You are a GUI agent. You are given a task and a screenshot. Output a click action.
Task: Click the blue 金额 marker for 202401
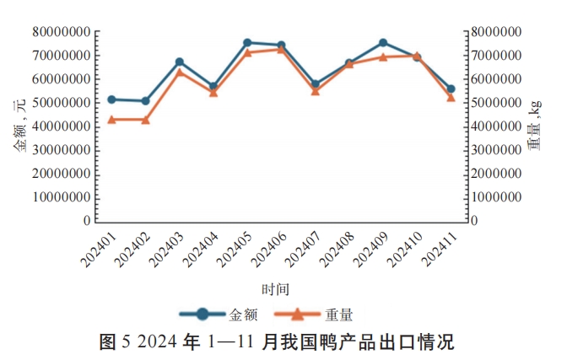click(x=112, y=99)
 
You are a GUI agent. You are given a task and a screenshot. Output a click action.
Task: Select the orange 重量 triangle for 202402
click(x=146, y=120)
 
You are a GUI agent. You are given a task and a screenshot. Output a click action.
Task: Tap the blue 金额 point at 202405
click(x=247, y=42)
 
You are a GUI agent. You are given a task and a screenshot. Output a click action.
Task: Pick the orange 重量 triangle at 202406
click(x=281, y=49)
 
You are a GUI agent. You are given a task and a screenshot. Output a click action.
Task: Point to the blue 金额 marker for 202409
click(x=383, y=42)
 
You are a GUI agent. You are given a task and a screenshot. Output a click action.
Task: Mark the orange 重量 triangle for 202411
click(x=451, y=97)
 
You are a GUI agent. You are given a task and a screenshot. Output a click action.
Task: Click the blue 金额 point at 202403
click(x=180, y=62)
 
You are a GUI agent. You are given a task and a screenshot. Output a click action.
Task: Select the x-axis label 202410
click(x=407, y=246)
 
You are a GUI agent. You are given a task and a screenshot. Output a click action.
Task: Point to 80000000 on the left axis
click(x=62, y=32)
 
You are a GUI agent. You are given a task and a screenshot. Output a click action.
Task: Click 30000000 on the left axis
click(x=62, y=150)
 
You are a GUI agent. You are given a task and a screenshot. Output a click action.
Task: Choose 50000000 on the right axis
click(x=502, y=103)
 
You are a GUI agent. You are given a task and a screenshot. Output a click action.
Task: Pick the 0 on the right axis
click(x=474, y=221)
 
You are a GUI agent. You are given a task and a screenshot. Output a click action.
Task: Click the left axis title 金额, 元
click(x=18, y=126)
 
